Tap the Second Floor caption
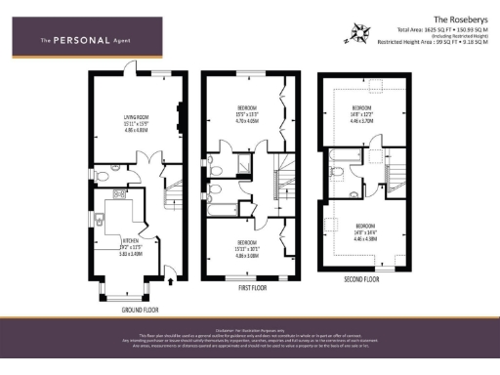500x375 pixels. [x=362, y=277]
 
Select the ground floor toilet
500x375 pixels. [x=104, y=175]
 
